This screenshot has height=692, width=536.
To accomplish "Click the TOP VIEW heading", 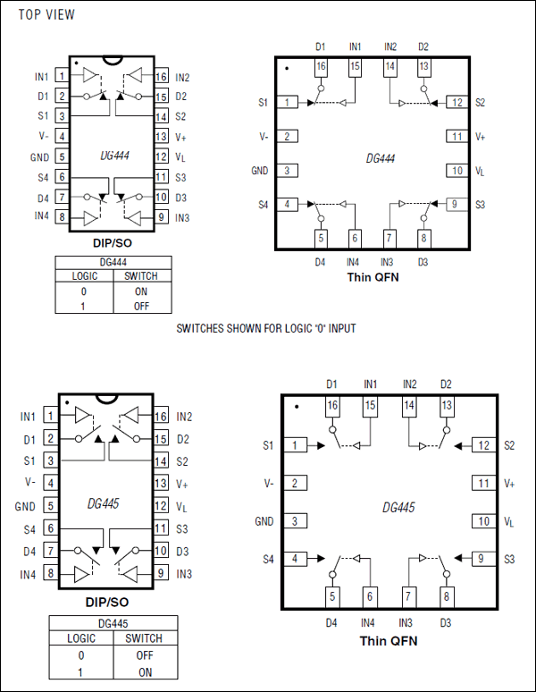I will click(47, 15).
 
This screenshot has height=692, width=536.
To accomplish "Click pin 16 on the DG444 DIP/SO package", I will click(161, 77).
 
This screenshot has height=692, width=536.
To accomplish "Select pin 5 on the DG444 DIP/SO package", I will click(62, 156).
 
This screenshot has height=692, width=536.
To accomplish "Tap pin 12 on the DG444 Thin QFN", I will click(456, 103).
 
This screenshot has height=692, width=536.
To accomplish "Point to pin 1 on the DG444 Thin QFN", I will click(287, 103).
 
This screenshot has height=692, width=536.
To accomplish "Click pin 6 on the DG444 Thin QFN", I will click(355, 239).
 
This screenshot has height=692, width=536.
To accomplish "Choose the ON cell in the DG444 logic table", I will click(141, 291).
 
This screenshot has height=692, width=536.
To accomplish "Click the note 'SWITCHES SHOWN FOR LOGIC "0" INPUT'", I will click(266, 328).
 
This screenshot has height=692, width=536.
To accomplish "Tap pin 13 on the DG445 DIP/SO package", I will click(161, 484).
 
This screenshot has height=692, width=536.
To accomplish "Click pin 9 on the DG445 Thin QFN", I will click(482, 559).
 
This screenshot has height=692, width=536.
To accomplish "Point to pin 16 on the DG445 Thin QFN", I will click(332, 406).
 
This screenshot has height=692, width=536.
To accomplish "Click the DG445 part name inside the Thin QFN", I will click(398, 507).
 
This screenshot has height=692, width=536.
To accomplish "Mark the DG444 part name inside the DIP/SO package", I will click(113, 156).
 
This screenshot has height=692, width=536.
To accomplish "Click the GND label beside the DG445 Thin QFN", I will click(264, 521).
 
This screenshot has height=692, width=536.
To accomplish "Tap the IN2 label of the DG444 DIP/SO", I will click(183, 78).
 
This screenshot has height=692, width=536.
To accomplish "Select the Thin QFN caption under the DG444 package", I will click(373, 277).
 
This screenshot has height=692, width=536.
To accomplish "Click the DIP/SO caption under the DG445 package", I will click(111, 603).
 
